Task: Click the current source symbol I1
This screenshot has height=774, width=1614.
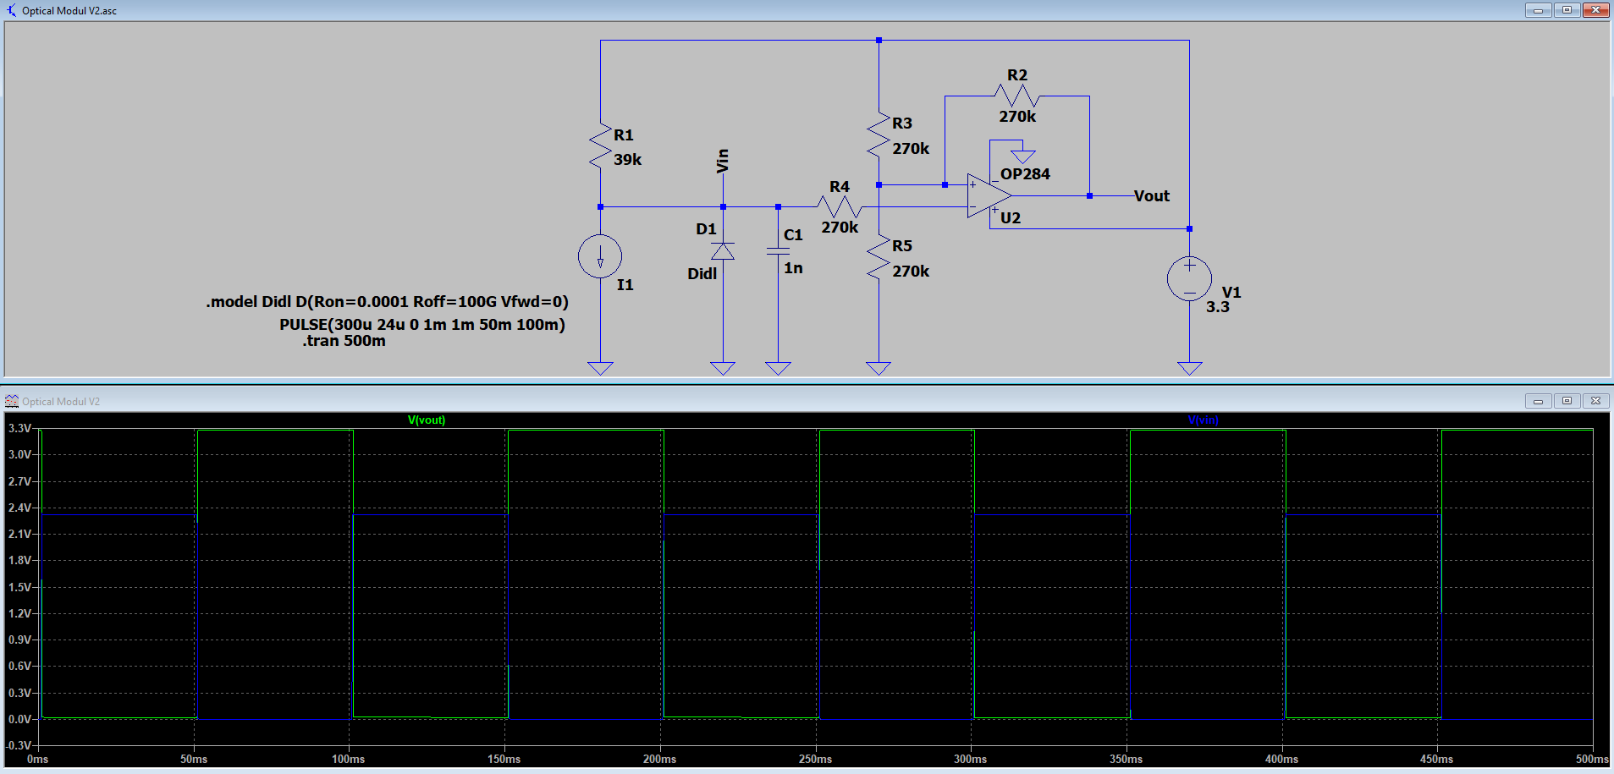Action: [600, 256]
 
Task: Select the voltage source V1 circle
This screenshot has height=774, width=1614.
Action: [1189, 278]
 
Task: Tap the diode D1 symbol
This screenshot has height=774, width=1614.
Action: [723, 251]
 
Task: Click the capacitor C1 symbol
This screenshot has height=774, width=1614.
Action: [778, 250]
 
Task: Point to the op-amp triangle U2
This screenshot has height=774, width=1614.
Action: [987, 196]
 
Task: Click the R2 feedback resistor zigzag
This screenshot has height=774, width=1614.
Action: [1016, 96]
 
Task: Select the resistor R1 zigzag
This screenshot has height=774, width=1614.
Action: [601, 147]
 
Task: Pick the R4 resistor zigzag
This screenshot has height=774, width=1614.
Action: [839, 206]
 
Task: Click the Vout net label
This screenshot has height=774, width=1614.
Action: [1151, 196]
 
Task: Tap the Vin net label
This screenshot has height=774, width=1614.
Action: [722, 161]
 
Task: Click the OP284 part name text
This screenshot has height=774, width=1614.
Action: [1025, 174]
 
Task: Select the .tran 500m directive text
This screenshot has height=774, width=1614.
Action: [344, 341]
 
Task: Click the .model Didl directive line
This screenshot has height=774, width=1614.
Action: [387, 302]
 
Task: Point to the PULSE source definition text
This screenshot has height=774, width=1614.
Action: [421, 325]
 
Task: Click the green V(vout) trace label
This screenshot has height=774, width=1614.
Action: [427, 420]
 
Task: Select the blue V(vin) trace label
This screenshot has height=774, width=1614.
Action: [1203, 420]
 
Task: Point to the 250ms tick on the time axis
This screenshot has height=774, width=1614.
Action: [815, 759]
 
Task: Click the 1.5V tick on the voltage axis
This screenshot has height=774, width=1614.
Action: [19, 587]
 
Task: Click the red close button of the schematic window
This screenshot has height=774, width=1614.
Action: [1595, 10]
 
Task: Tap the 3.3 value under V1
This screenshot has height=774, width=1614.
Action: [1217, 307]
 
